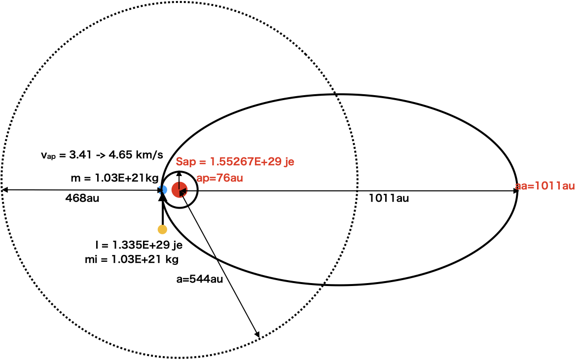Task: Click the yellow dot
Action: [162, 229]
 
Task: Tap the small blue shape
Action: [163, 190]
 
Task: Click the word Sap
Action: [185, 162]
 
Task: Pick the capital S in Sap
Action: [180, 162]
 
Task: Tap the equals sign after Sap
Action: [202, 162]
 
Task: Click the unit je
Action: [289, 162]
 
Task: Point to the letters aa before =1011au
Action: [521, 186]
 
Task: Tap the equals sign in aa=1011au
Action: [531, 186]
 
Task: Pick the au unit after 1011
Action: [568, 186]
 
